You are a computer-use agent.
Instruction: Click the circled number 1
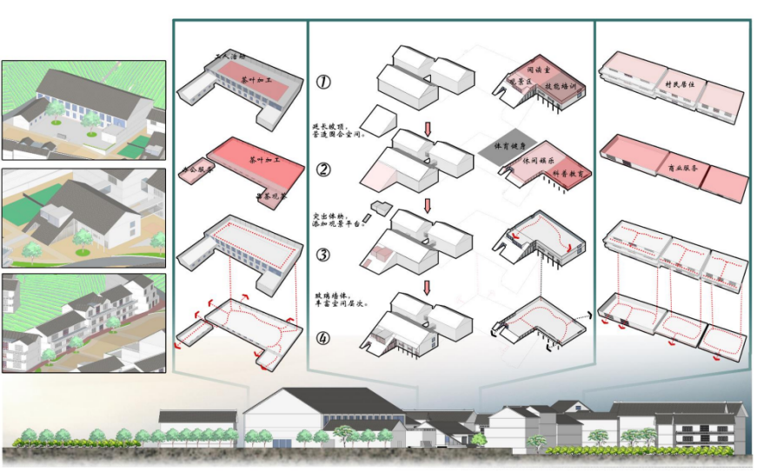click(322, 82)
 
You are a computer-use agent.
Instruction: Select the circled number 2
click(322, 170)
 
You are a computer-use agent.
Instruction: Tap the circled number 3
click(322, 255)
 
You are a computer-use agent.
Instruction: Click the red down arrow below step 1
click(428, 128)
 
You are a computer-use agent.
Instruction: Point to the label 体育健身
click(508, 145)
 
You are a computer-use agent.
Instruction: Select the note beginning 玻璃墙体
click(339, 300)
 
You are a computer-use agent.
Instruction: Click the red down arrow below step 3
click(428, 287)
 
